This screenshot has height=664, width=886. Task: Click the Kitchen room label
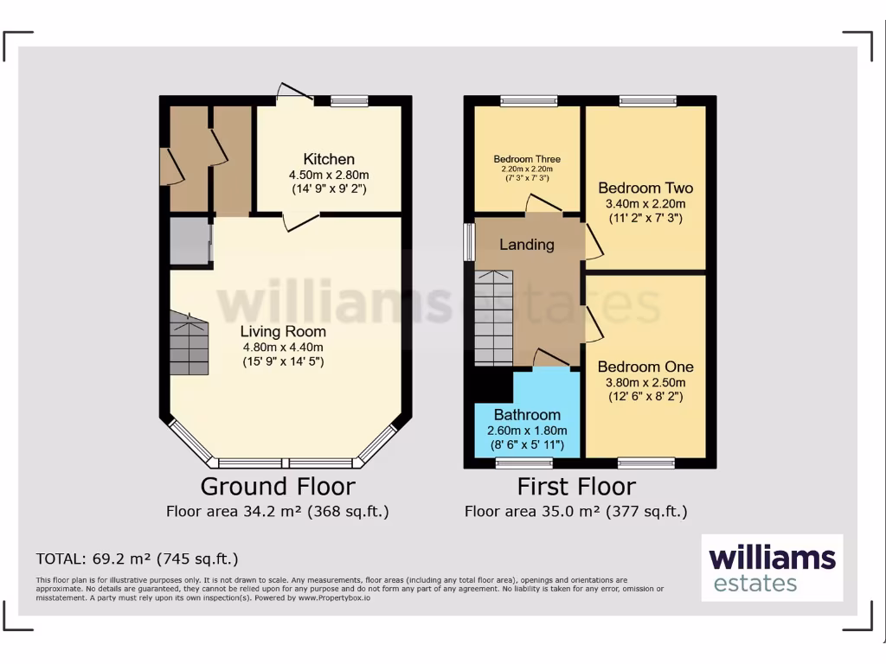(329, 159)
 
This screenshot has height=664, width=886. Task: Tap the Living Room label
(283, 331)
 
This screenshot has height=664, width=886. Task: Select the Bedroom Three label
(527, 159)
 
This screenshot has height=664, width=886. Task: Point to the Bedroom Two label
(645, 188)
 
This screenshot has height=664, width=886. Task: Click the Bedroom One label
(645, 367)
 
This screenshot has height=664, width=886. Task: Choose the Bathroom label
(527, 415)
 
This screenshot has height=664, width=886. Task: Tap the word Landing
(527, 245)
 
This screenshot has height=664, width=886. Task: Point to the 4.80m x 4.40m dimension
(283, 348)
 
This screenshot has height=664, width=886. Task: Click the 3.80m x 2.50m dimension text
(645, 383)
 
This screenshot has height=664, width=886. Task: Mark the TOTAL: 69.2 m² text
(137, 559)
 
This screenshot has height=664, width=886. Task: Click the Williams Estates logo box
(772, 567)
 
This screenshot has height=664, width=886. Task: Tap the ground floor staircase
(189, 343)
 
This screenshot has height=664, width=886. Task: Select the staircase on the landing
(494, 317)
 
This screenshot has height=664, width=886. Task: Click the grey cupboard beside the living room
(189, 241)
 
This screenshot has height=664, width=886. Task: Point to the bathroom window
(513, 463)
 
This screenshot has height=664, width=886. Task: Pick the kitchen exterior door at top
(295, 93)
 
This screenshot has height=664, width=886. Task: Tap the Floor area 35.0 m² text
(576, 511)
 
